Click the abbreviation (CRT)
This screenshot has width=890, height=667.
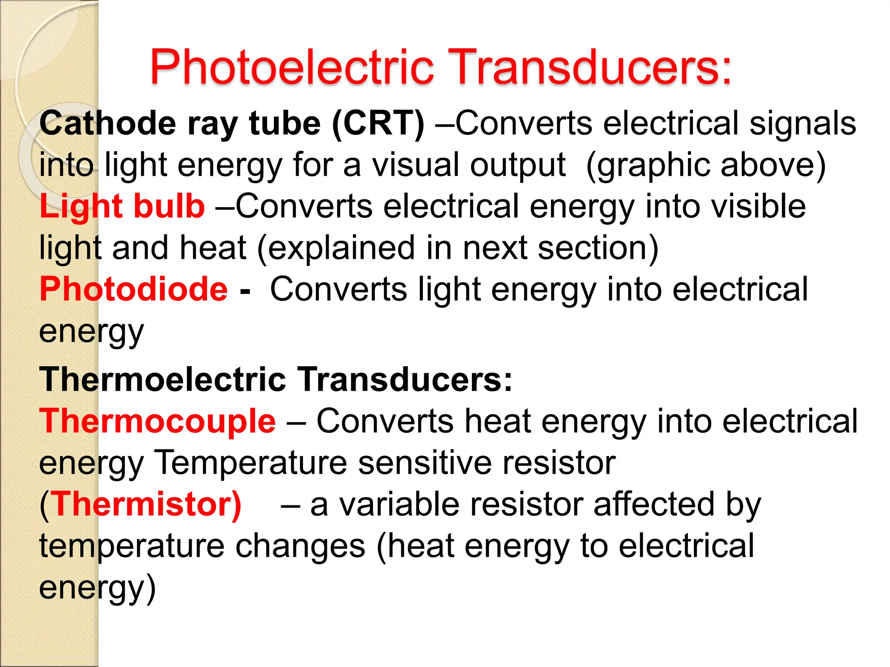tap(378, 123)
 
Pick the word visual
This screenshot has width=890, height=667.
tap(415, 165)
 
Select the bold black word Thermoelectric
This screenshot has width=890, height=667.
tap(163, 379)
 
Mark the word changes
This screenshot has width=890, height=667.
tap(300, 546)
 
